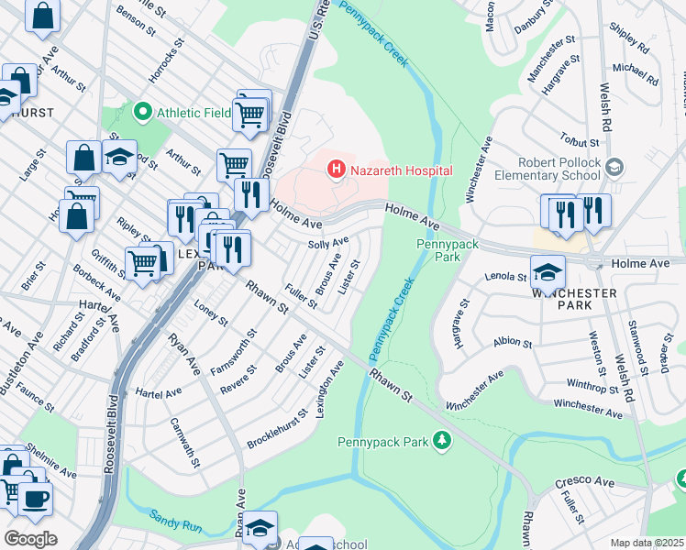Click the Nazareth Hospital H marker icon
pos(337,169)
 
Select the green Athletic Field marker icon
pos(142,114)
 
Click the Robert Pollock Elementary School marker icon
pos(614,167)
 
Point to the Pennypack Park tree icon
pos(442,442)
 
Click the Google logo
pos(30,538)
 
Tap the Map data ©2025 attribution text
pos(647,543)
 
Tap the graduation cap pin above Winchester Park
pos(548,272)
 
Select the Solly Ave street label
pos(328,244)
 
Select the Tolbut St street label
pos(581,140)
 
